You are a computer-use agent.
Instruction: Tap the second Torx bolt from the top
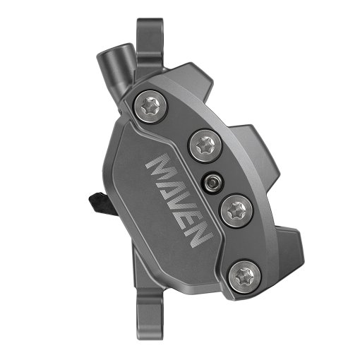[x=203, y=146]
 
